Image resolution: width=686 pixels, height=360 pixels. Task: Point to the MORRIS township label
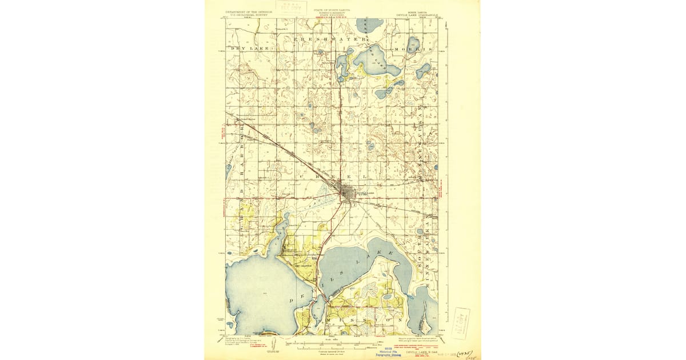(x=410, y=50)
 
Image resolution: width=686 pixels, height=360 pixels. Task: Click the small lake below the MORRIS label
(x=424, y=71)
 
